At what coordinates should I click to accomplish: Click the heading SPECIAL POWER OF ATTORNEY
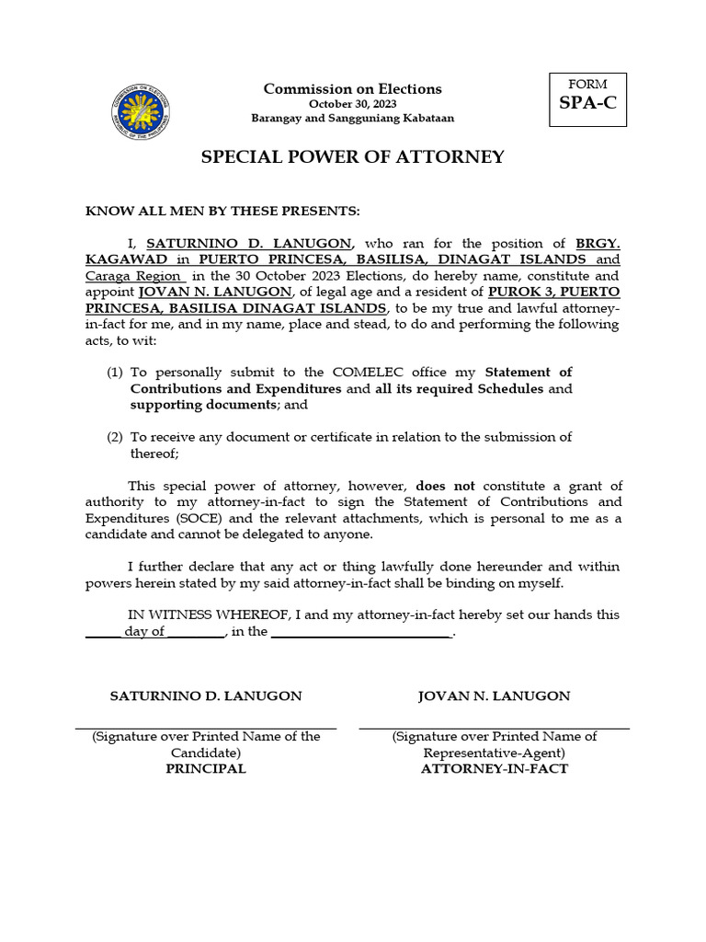[x=352, y=156]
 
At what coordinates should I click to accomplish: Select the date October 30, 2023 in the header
[x=352, y=104]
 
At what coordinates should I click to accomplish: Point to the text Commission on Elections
[x=352, y=88]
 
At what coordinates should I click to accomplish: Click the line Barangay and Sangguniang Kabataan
[x=352, y=119]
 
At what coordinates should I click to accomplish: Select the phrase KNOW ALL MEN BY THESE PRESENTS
[x=223, y=211]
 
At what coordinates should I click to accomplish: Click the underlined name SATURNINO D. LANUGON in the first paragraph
[x=248, y=244]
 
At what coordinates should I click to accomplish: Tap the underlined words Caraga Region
[x=135, y=276]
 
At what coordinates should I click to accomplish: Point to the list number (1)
[x=115, y=373]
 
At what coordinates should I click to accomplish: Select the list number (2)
[x=115, y=437]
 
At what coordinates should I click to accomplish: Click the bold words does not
[x=445, y=486]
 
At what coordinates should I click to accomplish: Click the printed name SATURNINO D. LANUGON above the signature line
[x=205, y=695]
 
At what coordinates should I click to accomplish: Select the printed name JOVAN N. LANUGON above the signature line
[x=494, y=695]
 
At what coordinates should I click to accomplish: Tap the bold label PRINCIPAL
[x=205, y=769]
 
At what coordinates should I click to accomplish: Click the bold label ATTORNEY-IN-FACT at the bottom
[x=494, y=769]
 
